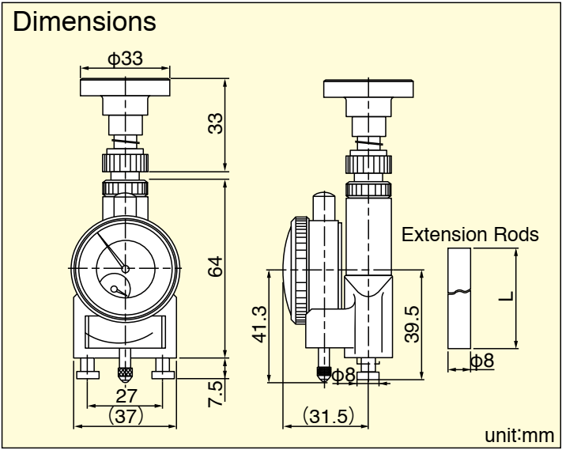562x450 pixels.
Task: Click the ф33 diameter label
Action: pyautogui.click(x=126, y=59)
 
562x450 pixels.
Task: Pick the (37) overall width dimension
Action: pyautogui.click(x=125, y=415)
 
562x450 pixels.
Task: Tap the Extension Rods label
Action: pyautogui.click(x=470, y=235)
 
